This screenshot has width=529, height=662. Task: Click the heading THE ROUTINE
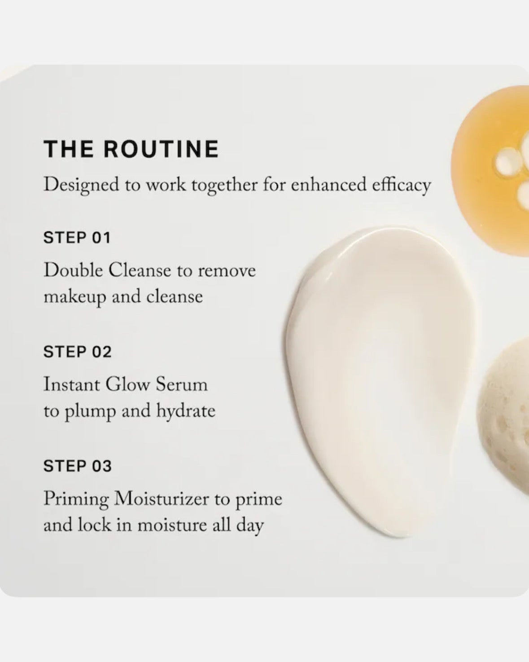click(131, 149)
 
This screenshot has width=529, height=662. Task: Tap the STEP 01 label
click(77, 238)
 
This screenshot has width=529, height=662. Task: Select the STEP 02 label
click(77, 352)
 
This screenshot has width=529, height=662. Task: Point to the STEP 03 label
click(77, 466)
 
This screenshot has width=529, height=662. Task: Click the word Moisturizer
click(162, 499)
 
